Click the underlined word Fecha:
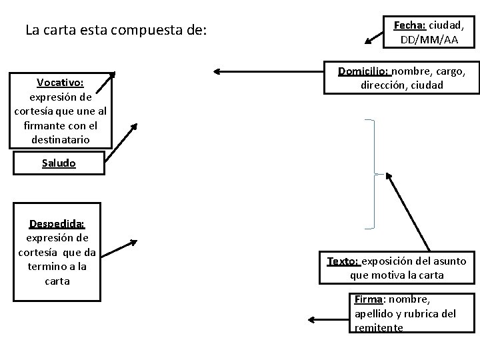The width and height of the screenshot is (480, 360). [x=409, y=25]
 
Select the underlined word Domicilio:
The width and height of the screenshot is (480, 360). [x=364, y=71]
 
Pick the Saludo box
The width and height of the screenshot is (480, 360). [x=59, y=163]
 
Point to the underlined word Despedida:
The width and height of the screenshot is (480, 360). [x=57, y=224]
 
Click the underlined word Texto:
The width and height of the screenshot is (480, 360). [x=342, y=261]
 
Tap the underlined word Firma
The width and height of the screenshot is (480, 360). [x=368, y=299]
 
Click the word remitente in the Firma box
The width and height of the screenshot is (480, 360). [x=379, y=327]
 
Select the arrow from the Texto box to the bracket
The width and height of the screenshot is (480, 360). [x=407, y=213]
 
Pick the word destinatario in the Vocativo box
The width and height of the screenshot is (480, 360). [x=60, y=140]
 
